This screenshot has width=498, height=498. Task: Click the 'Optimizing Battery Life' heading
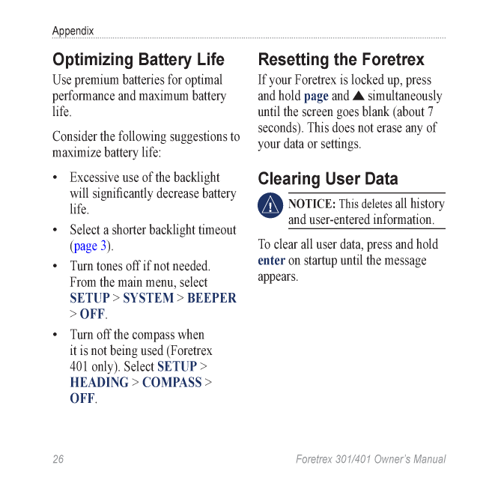tap(138, 60)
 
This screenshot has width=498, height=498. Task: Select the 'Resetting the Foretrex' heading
tap(341, 60)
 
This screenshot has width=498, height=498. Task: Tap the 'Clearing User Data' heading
tap(328, 179)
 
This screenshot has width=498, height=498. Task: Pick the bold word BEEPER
tap(211, 298)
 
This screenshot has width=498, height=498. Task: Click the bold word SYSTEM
tap(148, 298)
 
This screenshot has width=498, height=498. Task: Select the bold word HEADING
tap(99, 383)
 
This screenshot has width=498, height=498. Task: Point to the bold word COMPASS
tap(171, 383)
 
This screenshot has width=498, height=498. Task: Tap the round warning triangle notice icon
tap(270, 205)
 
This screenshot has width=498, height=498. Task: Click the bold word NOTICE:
tap(312, 204)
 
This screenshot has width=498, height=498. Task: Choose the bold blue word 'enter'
tap(271, 261)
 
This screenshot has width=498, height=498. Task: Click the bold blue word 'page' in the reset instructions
tap(316, 97)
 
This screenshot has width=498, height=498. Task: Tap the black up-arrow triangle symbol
tap(359, 96)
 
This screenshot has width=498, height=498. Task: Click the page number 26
tap(58, 459)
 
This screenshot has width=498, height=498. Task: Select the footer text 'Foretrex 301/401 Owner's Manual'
tap(371, 459)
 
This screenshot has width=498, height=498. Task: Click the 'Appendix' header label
tap(73, 31)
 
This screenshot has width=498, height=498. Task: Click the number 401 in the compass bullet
tap(80, 367)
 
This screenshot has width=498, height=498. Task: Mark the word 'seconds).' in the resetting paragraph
tap(282, 128)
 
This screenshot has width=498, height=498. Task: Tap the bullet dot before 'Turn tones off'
tap(56, 267)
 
